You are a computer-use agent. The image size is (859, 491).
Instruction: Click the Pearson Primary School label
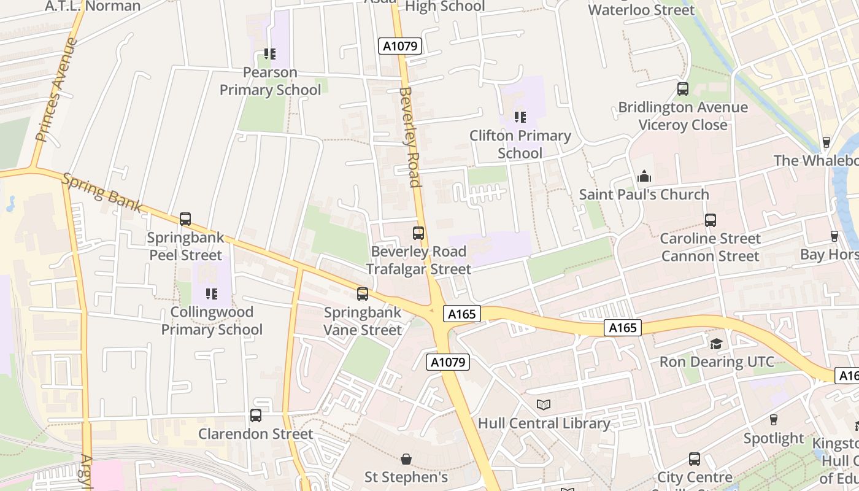pos(270,82)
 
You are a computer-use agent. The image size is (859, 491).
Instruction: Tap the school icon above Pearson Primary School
pos(270,54)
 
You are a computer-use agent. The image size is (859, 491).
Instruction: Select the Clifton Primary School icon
pos(520,117)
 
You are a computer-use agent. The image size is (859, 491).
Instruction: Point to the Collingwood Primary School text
pos(212,321)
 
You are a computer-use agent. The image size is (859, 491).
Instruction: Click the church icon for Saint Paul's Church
pos(644,177)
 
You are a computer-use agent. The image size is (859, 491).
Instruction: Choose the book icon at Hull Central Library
pos(544,405)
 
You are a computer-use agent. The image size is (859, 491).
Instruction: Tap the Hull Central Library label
pos(544,423)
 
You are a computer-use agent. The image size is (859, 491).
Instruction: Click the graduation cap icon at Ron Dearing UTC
pos(717,344)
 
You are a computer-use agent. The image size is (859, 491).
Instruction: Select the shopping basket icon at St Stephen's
pos(406,459)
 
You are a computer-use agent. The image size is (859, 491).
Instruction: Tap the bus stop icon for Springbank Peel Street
pos(185,219)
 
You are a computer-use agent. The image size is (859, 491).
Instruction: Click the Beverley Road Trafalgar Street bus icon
pos(418,233)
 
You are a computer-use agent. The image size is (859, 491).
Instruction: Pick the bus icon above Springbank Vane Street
pos(363,294)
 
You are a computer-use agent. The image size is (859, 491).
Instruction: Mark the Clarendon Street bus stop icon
pos(256,416)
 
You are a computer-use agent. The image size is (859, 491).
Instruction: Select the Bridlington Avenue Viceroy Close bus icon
pos(683,89)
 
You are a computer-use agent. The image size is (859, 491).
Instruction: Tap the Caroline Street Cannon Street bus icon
pos(711,220)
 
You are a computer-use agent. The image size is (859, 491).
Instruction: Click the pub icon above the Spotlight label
pos(774,420)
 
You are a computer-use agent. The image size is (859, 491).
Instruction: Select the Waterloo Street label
pos(641,10)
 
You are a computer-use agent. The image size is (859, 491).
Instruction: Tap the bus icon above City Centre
pos(695,459)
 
